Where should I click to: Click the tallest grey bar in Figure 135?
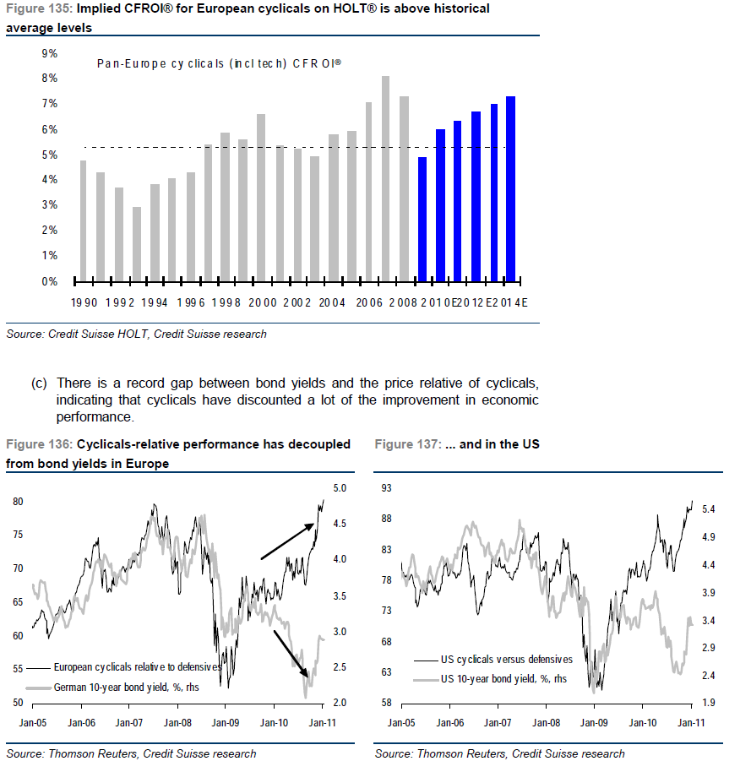[x=385, y=177]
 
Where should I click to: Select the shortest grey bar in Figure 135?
[x=136, y=243]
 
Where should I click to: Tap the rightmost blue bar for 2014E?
[x=510, y=188]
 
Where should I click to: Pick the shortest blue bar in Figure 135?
[x=422, y=218]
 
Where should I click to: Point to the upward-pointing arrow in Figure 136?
[x=288, y=541]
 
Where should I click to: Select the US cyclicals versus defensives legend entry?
[x=506, y=660]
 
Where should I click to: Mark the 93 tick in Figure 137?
[x=387, y=488]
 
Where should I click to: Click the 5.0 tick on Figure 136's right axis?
[x=340, y=488]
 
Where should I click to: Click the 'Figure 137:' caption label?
[x=404, y=443]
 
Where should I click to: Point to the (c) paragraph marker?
[x=39, y=383]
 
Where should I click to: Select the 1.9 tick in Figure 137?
[x=710, y=703]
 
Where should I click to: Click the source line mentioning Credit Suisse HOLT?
[x=136, y=334]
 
